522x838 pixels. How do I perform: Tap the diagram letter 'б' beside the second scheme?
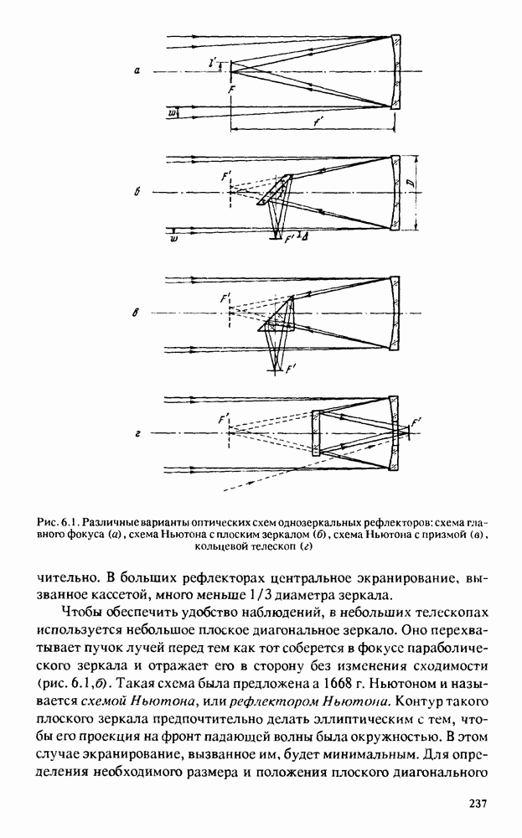tap(136, 194)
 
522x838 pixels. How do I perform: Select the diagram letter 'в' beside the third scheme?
tap(136, 314)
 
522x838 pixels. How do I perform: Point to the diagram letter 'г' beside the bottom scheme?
tap(136, 434)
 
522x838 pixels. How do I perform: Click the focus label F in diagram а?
tap(230, 88)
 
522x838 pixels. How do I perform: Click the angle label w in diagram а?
tap(173, 111)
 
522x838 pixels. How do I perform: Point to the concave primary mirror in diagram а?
tap(397, 72)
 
